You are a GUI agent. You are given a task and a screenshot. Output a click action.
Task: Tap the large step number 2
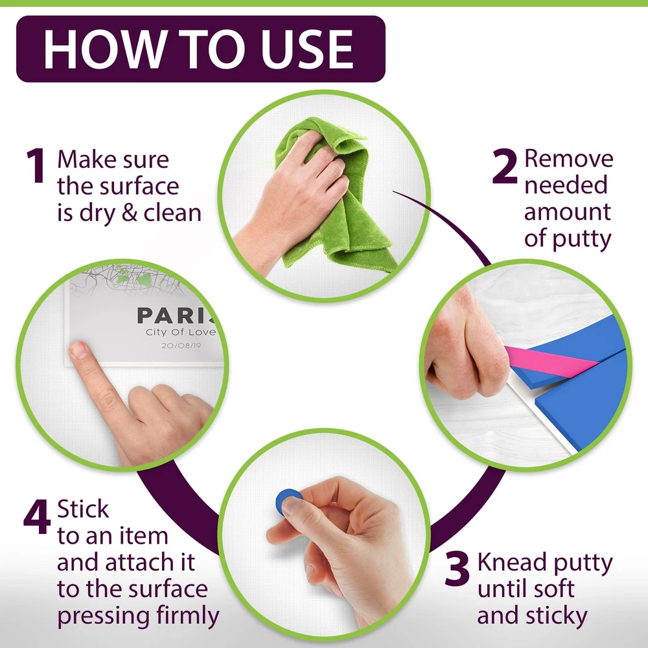[505, 165]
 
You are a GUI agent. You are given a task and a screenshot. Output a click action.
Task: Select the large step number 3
[457, 569]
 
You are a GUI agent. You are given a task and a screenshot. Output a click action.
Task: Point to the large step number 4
[37, 516]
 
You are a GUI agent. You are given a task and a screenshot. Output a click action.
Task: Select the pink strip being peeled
[550, 360]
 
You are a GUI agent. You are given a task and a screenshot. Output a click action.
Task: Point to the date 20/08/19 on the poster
[181, 345]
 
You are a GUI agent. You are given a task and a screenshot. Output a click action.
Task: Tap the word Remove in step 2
[569, 159]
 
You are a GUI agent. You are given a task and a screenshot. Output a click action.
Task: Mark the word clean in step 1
[172, 213]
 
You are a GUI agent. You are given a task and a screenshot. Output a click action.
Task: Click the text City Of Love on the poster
[181, 332]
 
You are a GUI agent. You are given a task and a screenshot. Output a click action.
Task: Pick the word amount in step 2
[568, 212]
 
